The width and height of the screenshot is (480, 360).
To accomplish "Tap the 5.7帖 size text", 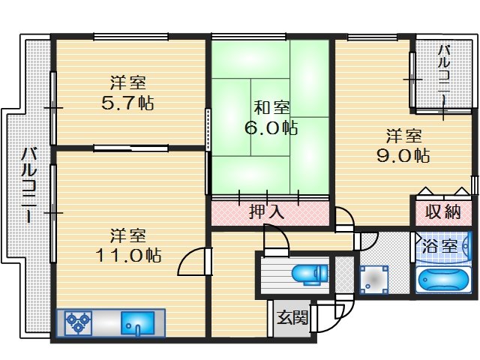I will [x=127, y=103].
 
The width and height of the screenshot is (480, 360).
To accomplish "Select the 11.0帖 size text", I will [x=127, y=255].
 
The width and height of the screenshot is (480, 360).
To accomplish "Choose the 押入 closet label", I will [x=267, y=212].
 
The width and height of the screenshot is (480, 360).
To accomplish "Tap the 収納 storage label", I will [x=443, y=211].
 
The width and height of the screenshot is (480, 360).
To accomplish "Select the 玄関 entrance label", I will [x=292, y=318].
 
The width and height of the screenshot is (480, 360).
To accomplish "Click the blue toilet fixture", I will [x=309, y=275].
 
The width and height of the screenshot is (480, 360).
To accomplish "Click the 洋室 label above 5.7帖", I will [x=127, y=83].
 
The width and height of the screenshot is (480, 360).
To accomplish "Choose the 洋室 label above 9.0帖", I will [x=403, y=136].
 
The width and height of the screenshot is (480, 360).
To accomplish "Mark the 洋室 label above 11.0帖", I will [x=127, y=235].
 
